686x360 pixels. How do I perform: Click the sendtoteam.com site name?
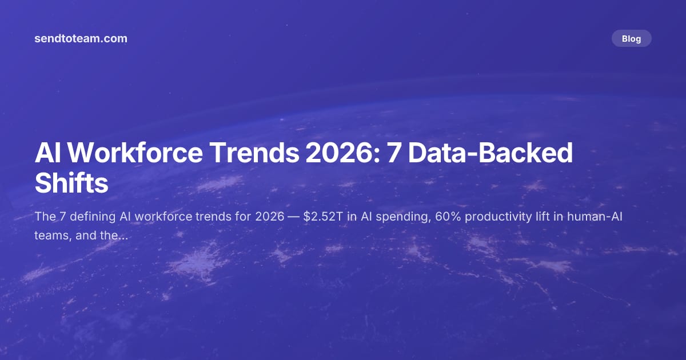pyautogui.click(x=81, y=39)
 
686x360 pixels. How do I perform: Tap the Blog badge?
pyautogui.click(x=631, y=39)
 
